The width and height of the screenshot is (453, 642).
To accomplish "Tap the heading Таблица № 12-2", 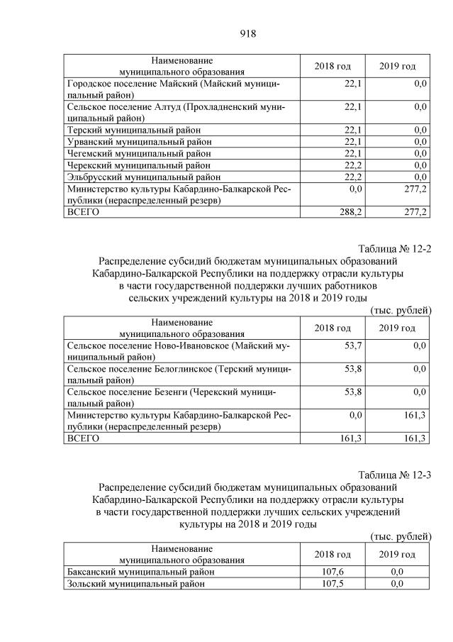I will (x=394, y=249).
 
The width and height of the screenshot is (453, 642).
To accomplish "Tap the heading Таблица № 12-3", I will (x=394, y=475).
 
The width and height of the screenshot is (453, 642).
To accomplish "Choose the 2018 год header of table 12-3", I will (x=332, y=553).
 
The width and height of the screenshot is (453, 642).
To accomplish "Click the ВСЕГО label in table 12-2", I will (x=82, y=438).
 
